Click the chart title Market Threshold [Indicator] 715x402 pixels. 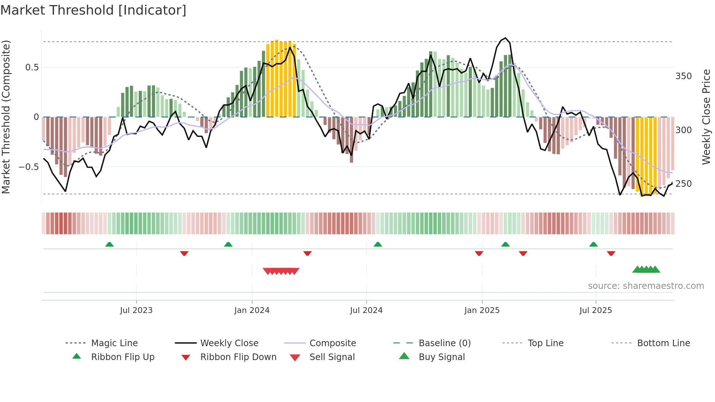93,10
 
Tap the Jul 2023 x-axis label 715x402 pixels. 136,310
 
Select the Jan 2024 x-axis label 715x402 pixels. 252,310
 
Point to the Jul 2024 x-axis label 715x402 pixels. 366,310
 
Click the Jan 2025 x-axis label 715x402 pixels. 482,310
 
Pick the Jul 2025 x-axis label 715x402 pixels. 596,310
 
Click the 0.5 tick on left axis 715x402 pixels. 32,67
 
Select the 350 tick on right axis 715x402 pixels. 684,76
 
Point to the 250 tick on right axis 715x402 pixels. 684,184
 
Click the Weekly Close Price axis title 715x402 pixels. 706,117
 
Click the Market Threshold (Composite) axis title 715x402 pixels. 6,117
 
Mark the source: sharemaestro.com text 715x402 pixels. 646,286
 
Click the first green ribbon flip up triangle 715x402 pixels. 109,244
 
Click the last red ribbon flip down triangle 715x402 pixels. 611,253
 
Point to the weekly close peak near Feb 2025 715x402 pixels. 505,38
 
